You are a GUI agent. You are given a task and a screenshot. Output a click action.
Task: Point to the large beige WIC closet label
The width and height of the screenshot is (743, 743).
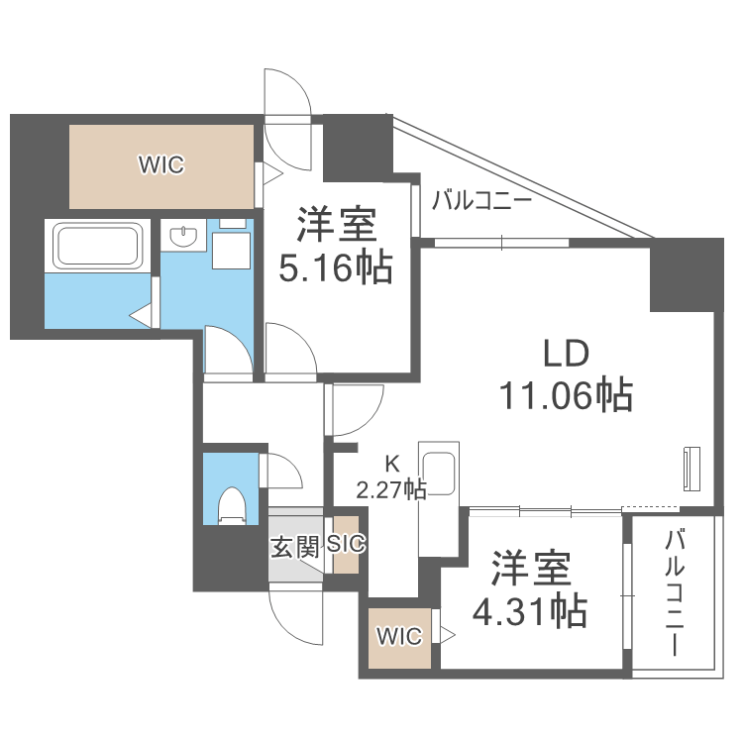coord(160,165)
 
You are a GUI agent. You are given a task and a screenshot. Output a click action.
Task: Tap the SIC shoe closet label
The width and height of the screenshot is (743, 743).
coord(346,544)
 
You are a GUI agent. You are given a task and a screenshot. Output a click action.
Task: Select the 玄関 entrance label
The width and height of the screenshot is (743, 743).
coord(295,546)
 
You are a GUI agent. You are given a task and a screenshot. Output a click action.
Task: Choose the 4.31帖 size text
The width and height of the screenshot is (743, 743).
coord(529,611)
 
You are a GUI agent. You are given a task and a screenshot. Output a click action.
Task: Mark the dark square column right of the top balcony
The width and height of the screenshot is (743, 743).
coord(685,273)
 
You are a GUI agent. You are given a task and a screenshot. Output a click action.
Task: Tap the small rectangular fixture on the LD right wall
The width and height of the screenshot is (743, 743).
coord(690,467)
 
